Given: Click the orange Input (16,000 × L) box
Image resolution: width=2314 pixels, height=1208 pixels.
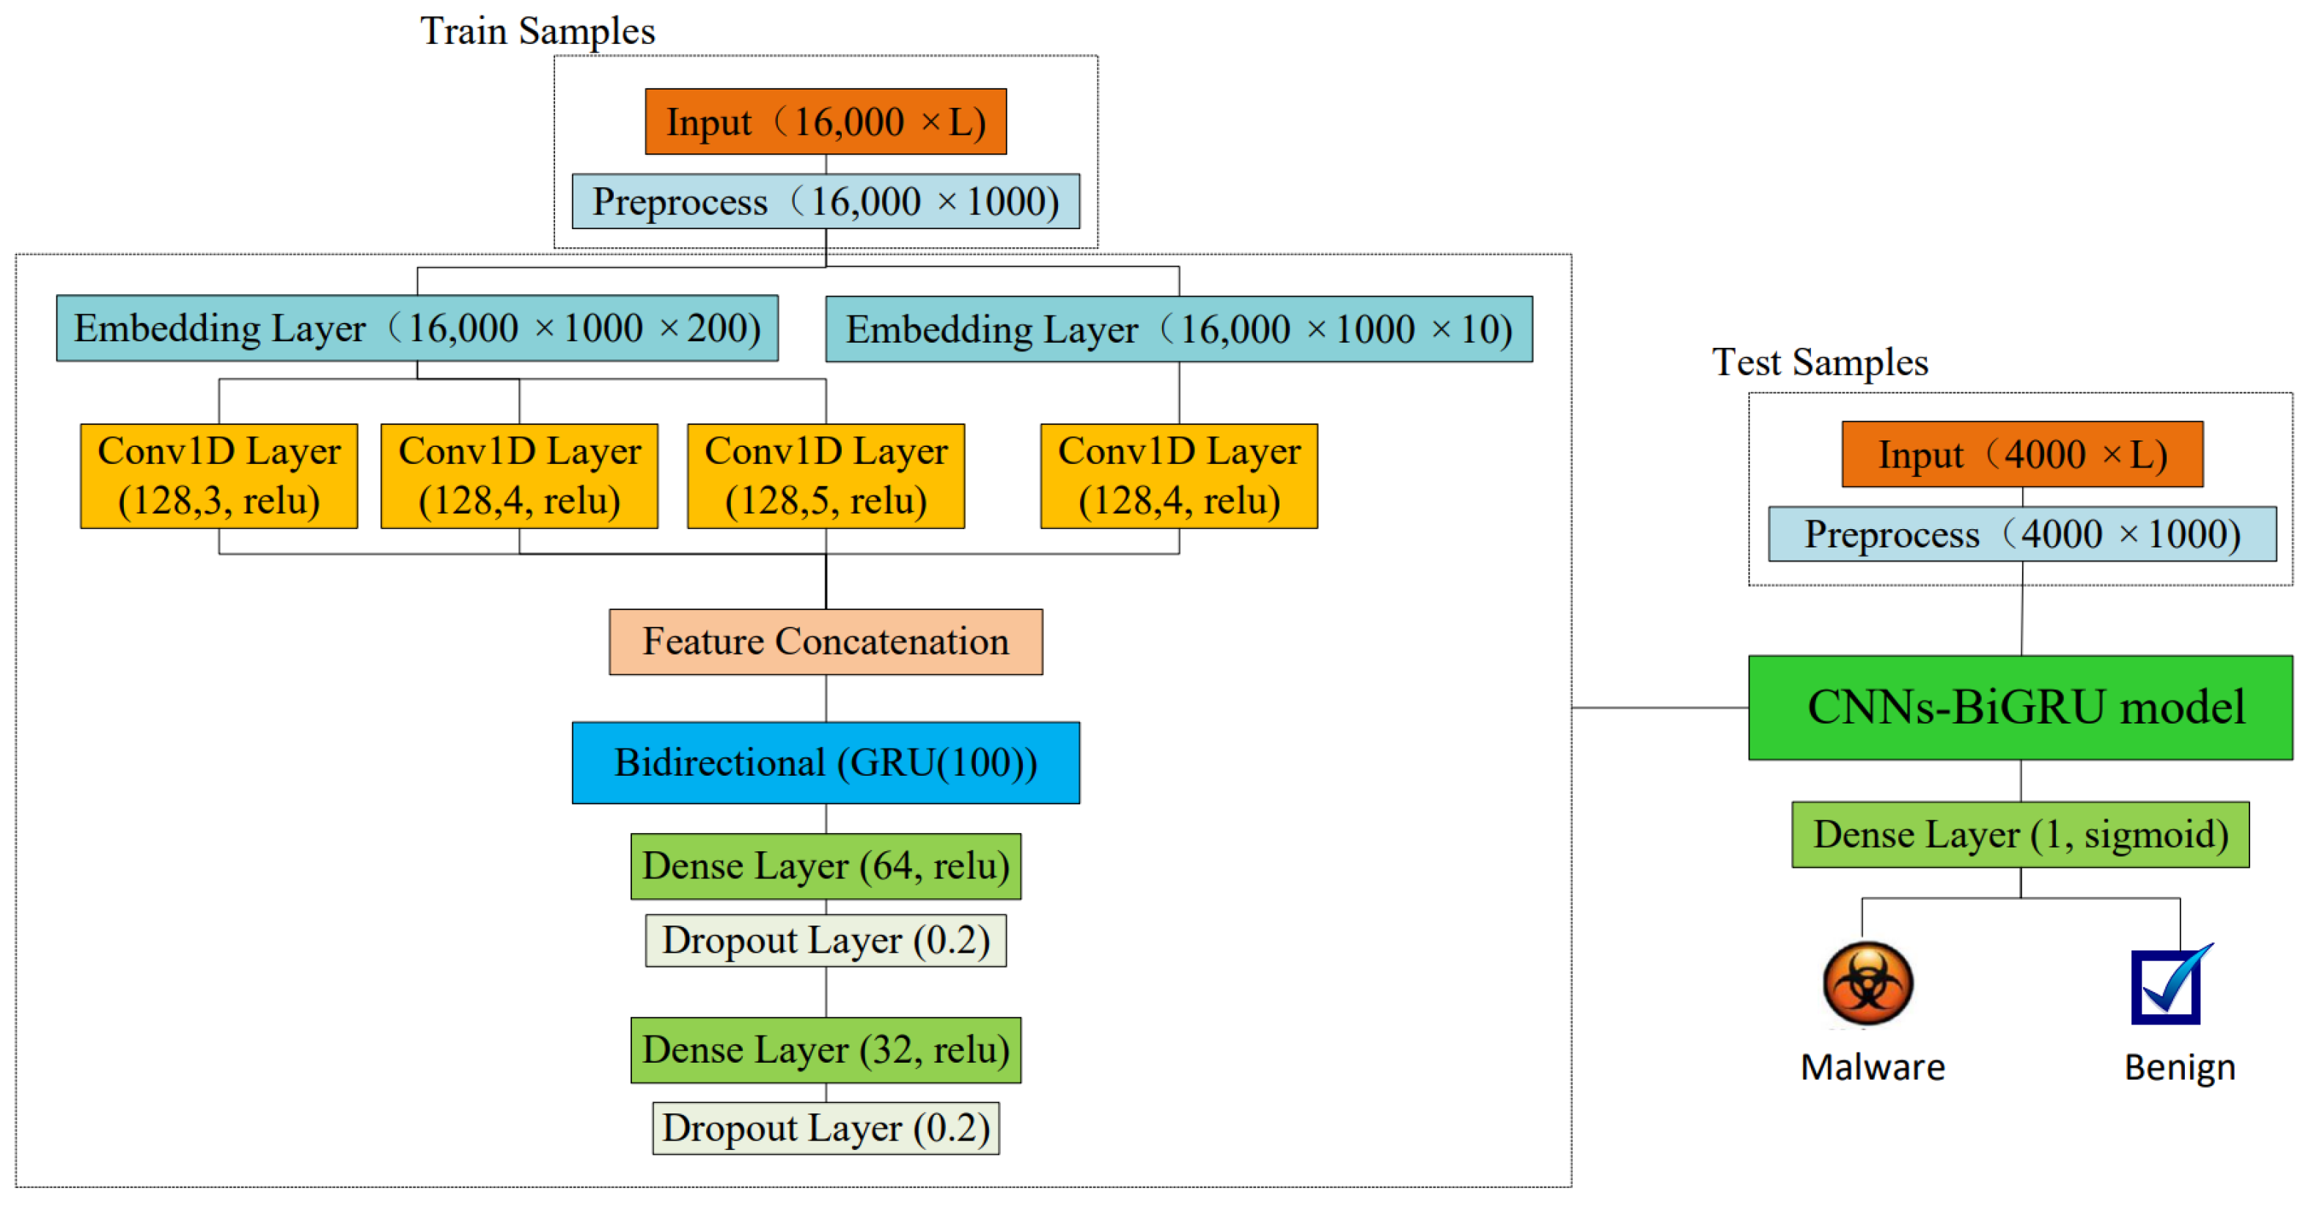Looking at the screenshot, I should [x=825, y=121].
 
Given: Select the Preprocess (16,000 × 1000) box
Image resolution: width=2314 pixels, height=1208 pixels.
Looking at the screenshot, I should [x=825, y=201].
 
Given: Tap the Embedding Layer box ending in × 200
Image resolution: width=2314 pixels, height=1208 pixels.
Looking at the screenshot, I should [x=416, y=328].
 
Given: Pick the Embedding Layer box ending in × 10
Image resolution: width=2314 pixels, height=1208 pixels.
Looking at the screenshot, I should [x=1178, y=329].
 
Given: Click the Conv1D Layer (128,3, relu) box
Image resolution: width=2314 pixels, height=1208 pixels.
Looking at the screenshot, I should [x=218, y=476].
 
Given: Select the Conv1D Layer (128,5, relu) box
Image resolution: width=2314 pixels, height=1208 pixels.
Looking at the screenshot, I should [x=825, y=476].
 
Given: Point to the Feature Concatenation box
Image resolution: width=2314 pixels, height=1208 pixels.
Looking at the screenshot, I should [x=825, y=641].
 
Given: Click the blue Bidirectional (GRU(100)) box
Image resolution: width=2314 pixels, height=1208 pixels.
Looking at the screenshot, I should [x=825, y=763].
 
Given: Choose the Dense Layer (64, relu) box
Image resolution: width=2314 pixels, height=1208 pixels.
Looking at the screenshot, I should [x=825, y=865].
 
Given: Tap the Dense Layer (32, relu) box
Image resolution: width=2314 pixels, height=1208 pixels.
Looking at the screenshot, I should [x=825, y=1049].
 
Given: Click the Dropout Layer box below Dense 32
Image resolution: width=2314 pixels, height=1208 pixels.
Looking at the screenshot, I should [x=825, y=1128].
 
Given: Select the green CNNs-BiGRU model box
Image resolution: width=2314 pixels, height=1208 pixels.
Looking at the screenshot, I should [x=2019, y=707].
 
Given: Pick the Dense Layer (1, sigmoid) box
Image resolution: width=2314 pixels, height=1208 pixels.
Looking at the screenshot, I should [x=2019, y=834].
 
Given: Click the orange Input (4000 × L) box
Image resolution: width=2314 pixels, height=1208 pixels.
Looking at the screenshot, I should [x=2021, y=454].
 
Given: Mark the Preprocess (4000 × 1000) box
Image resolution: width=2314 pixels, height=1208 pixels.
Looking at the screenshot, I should [x=2021, y=534].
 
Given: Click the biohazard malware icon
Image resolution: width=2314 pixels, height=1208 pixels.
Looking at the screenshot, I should [x=1867, y=983].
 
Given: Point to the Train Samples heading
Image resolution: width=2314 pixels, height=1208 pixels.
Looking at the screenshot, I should [x=537, y=32].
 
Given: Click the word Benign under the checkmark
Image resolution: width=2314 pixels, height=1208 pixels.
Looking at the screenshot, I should [x=2178, y=1068].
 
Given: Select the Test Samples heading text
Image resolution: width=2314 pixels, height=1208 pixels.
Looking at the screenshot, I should [x=1819, y=363].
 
